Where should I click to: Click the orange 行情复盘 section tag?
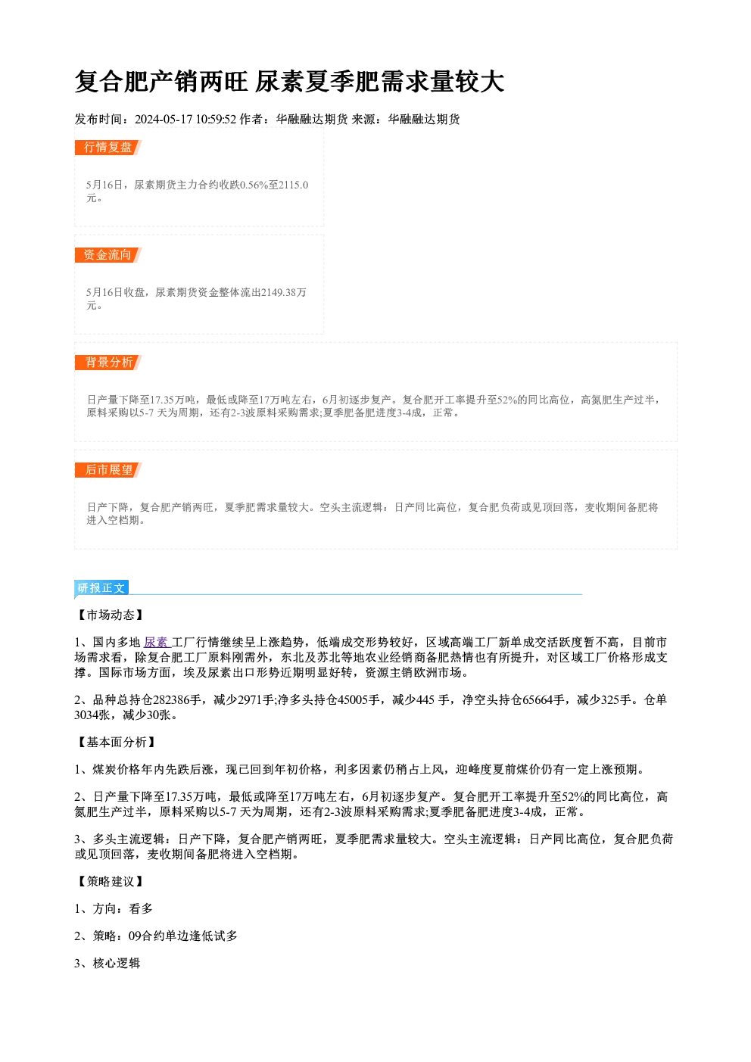[x=108, y=148]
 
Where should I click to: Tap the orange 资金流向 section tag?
[x=108, y=255]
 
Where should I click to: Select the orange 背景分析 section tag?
[x=108, y=363]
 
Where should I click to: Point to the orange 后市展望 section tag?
[x=108, y=470]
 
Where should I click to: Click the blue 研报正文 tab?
[x=101, y=588]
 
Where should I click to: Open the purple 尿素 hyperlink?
[x=156, y=643]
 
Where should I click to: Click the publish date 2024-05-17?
[x=164, y=119]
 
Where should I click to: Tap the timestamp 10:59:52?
[x=216, y=119]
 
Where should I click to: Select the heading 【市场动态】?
[x=110, y=615]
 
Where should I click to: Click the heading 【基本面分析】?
[x=116, y=743]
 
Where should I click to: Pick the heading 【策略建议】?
[x=110, y=882]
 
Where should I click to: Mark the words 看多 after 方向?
[x=141, y=909]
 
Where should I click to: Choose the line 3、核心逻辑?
[x=108, y=964]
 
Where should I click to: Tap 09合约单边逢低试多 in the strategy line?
[x=183, y=936]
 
